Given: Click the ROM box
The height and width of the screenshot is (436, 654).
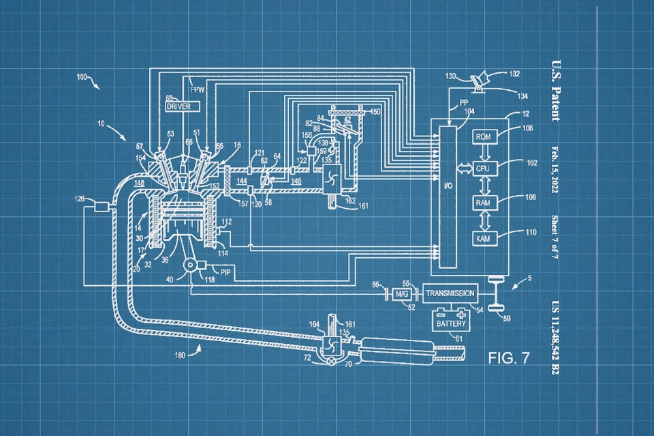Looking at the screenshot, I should [483, 136].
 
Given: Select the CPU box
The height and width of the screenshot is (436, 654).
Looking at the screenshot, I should [483, 168].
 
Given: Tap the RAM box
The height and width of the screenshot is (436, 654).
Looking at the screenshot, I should [483, 203].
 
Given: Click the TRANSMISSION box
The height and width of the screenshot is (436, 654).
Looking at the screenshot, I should [450, 293].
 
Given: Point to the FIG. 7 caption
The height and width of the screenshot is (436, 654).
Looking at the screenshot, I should [508, 358].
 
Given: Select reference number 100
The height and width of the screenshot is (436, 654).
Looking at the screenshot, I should [82, 78].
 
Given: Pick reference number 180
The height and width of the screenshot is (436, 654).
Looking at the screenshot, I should [180, 355].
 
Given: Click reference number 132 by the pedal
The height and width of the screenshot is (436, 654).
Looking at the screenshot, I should [514, 73].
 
